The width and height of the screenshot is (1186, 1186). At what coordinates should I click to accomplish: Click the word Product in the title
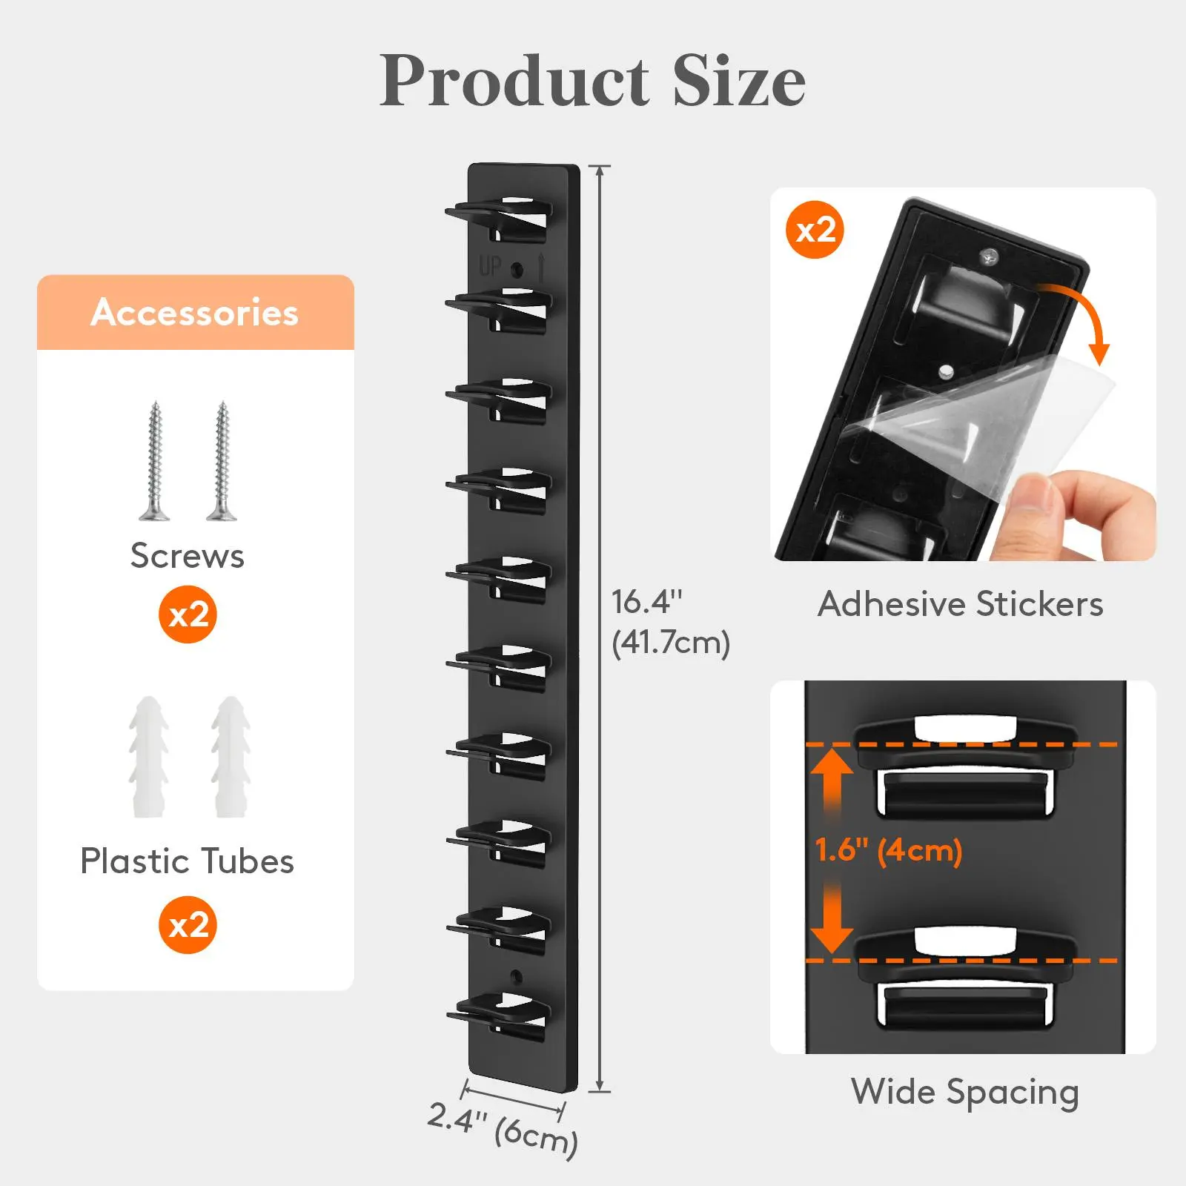514,81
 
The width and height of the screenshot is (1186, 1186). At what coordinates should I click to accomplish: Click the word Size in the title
739,81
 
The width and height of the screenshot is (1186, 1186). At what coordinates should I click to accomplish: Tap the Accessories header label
195,312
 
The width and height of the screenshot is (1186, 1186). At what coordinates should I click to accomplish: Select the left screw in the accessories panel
154,460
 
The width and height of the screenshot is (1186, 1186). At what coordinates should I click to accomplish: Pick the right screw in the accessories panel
222,460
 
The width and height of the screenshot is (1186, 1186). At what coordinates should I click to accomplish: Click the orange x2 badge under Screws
188,614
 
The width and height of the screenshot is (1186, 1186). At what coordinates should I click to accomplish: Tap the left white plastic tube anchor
149,757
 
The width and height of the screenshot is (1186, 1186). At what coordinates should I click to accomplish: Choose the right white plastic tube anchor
231,757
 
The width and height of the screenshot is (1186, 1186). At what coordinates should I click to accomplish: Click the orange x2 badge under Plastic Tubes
188,925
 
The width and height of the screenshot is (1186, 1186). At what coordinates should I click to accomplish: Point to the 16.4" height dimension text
646,602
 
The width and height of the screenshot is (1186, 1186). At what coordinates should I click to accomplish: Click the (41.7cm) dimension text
671,643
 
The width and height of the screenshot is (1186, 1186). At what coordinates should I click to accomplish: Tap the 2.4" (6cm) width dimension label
503,1127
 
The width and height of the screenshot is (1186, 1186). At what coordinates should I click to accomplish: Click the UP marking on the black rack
490,266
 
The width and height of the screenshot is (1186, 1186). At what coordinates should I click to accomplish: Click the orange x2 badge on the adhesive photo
815,230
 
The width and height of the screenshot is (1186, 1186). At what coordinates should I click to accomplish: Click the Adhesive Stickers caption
961,604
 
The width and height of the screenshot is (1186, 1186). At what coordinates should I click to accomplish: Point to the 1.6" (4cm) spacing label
889,850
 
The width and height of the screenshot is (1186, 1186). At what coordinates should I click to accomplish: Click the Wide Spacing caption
965,1093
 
